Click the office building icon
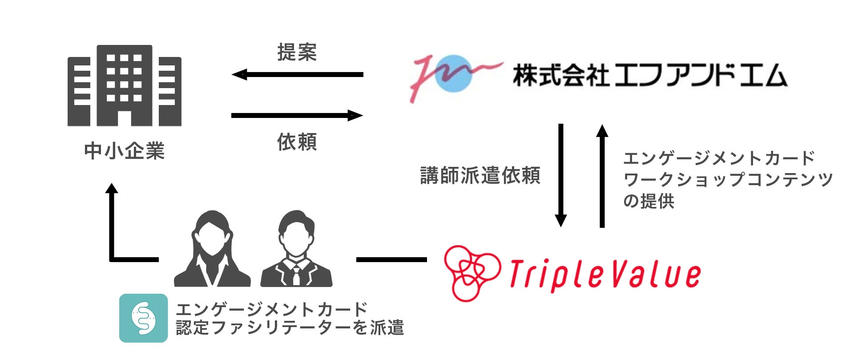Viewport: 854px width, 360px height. tap(125, 86)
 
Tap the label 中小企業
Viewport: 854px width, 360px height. tap(125, 151)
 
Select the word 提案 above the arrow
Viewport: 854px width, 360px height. tap(297, 53)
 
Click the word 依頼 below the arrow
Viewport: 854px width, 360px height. tap(297, 142)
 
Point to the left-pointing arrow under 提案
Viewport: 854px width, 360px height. tap(297, 74)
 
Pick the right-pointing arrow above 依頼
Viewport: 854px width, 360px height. tap(297, 116)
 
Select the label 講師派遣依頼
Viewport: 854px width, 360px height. tap(480, 175)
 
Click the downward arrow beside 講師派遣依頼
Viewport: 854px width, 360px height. tap(561, 175)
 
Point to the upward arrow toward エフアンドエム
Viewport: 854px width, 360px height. tap(602, 175)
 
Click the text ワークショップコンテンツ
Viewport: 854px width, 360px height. tap(728, 180)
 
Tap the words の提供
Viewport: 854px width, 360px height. tap(649, 201)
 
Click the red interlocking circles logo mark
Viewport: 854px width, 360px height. tap(471, 273)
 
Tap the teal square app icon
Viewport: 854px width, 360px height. tap(144, 318)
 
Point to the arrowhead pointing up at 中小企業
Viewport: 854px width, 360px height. tap(112, 189)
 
